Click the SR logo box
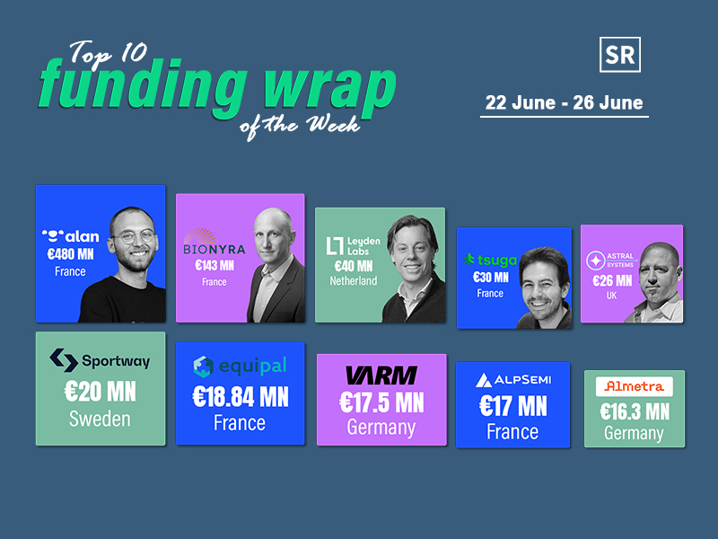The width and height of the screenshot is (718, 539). [620, 55]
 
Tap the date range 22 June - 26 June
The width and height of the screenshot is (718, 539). [565, 102]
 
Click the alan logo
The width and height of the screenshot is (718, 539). [71, 236]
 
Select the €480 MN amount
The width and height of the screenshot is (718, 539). [71, 254]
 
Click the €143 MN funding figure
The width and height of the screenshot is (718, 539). [215, 265]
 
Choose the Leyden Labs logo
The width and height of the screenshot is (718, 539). [353, 245]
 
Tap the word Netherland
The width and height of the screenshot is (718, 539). [354, 281]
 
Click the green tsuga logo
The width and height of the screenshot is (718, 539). [490, 261]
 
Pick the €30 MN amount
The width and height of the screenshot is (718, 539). [490, 278]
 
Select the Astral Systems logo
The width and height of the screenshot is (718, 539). [611, 260]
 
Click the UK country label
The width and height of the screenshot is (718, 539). [612, 296]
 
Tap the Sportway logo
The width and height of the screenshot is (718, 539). [100, 360]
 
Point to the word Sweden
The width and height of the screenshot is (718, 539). [100, 419]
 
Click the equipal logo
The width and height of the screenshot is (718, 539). [240, 367]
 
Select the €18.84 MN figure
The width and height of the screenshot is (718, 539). [241, 397]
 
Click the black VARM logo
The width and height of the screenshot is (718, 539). [381, 376]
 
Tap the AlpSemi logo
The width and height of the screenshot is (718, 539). [513, 380]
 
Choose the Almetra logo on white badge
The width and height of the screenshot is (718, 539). [635, 386]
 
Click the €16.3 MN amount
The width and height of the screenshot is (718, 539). [635, 411]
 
